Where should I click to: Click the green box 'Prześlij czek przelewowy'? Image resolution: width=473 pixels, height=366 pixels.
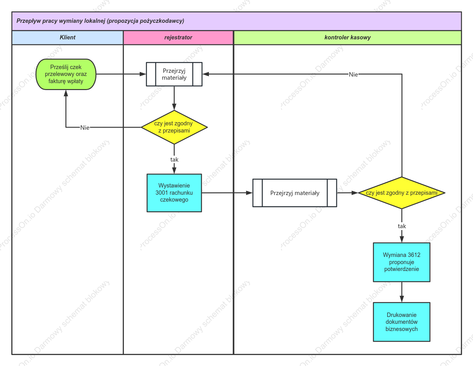(66, 74)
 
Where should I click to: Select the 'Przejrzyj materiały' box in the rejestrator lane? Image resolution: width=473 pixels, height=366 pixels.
(174, 74)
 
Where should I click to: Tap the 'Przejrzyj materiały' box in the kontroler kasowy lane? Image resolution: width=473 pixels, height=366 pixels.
(295, 193)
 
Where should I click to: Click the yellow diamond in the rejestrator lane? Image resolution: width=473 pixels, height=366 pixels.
(174, 127)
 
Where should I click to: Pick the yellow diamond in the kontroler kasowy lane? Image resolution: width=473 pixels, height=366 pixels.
(402, 193)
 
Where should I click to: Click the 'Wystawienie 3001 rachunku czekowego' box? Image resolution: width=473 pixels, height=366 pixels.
(174, 193)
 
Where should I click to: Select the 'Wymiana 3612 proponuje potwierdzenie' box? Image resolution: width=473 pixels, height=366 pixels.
(402, 262)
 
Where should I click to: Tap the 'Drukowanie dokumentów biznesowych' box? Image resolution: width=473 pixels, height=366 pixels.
(402, 322)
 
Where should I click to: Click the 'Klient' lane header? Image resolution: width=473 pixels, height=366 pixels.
(67, 38)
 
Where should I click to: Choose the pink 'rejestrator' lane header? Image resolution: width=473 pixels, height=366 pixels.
(178, 38)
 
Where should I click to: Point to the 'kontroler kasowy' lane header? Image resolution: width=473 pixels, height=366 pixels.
(347, 38)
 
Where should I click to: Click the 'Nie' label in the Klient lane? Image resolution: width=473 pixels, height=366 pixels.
(85, 128)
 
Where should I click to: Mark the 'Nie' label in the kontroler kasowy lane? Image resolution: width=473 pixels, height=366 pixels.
(353, 74)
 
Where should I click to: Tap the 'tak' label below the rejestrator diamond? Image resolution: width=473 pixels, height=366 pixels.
(174, 160)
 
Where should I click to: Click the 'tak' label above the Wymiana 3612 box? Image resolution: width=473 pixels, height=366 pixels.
(402, 226)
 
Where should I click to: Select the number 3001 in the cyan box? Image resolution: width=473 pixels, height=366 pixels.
(162, 193)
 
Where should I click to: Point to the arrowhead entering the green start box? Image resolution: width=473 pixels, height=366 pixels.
(66, 93)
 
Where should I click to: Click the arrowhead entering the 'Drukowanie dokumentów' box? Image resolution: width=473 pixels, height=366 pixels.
(402, 299)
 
